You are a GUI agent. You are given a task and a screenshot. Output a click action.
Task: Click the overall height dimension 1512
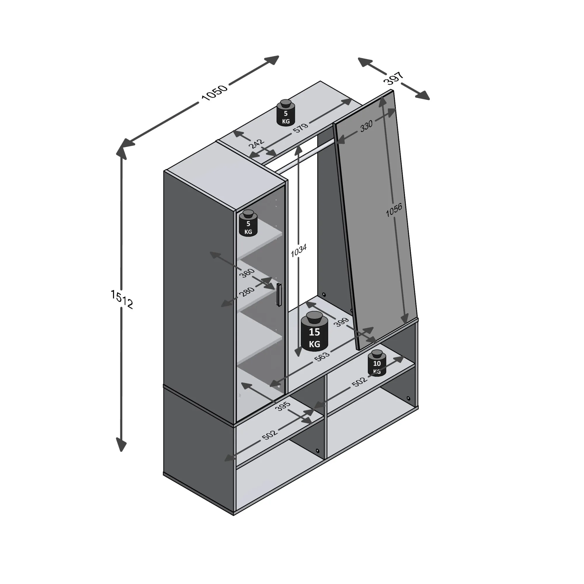click(x=121, y=299)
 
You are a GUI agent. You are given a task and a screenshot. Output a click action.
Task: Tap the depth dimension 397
click(x=394, y=78)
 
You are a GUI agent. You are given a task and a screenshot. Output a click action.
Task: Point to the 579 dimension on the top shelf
click(x=300, y=127)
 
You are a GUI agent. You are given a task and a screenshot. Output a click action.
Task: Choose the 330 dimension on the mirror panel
click(x=366, y=126)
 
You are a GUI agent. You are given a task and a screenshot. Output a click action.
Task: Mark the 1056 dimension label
click(x=394, y=210)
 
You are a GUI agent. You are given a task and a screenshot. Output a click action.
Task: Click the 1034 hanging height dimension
click(x=299, y=250)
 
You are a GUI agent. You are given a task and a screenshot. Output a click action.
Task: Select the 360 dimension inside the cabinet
click(x=247, y=272)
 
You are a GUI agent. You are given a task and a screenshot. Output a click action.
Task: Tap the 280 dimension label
click(x=246, y=292)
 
